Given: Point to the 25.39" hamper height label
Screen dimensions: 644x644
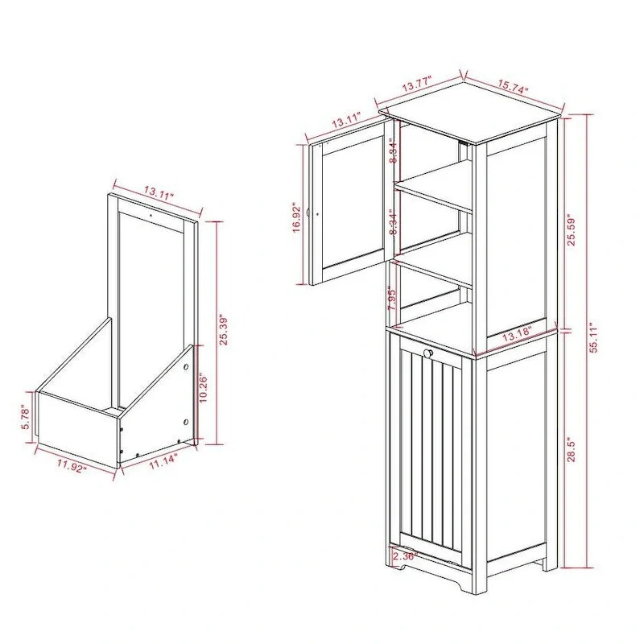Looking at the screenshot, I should pyautogui.click(x=225, y=329).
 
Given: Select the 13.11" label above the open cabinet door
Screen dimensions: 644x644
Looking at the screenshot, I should pyautogui.click(x=344, y=122).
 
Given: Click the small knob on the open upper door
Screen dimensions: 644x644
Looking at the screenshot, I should pyautogui.click(x=319, y=215).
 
